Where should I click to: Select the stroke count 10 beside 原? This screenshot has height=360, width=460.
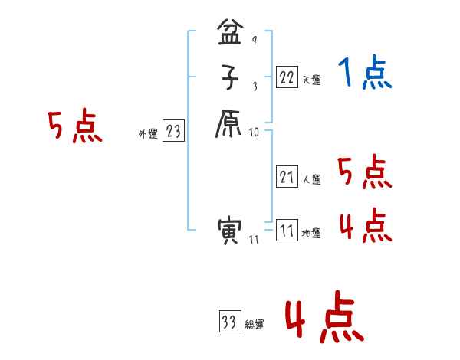[x=255, y=132]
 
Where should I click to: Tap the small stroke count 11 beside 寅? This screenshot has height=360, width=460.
[x=254, y=241]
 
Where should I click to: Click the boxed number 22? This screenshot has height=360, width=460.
[x=287, y=77]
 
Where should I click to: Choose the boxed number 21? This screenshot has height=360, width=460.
[x=287, y=177]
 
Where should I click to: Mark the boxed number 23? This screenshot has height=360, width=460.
[x=172, y=132]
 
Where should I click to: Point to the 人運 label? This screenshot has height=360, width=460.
[x=311, y=181]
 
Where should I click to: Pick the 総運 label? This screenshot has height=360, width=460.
[x=255, y=325]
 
